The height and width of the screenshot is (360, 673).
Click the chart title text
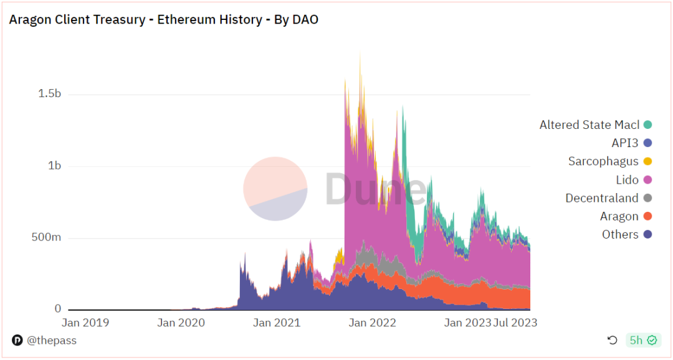(163, 19)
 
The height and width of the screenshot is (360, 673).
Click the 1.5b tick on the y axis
(49, 94)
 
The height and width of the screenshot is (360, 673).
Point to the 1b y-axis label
(55, 166)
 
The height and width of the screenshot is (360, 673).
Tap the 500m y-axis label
(46, 238)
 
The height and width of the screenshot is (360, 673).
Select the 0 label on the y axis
(58, 309)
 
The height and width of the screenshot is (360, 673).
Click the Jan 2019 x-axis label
(85, 323)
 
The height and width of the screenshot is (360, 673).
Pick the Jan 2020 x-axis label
(181, 323)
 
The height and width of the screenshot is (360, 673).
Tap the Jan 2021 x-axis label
(277, 323)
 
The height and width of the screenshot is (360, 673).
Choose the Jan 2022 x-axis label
(372, 323)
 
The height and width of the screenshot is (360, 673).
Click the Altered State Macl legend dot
(648, 125)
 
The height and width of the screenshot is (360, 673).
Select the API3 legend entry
(624, 143)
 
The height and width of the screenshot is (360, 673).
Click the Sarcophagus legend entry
(603, 161)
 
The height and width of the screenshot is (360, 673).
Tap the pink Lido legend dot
(648, 180)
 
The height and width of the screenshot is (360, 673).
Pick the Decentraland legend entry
(601, 198)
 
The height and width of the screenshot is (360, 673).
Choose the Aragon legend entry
(619, 216)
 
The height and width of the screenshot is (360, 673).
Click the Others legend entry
(620, 234)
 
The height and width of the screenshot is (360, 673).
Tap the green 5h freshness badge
(644, 340)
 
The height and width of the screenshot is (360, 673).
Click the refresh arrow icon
(613, 340)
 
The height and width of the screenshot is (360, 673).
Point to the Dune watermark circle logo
(275, 189)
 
